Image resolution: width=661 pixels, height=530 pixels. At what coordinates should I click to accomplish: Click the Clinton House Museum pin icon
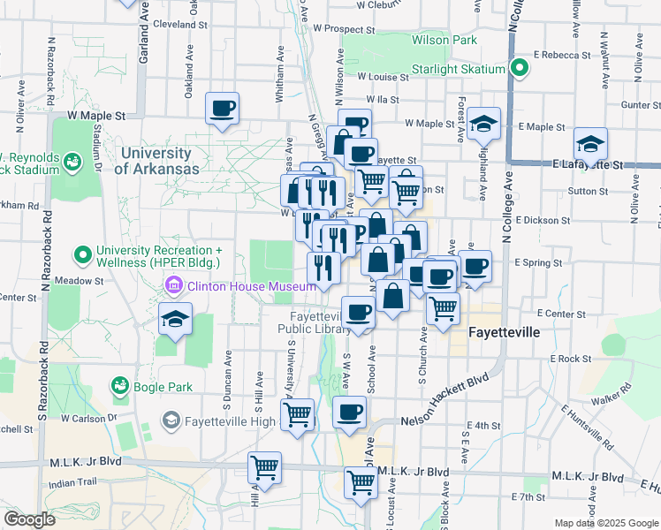[173, 285]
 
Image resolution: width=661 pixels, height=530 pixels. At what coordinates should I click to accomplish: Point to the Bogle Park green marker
[119, 386]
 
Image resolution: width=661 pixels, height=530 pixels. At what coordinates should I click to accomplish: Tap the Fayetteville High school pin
[171, 419]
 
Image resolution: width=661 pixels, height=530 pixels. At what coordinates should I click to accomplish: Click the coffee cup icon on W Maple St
[222, 110]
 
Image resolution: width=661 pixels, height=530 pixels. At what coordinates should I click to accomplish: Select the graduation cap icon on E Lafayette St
[590, 144]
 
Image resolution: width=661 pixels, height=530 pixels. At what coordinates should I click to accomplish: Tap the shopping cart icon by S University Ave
[300, 412]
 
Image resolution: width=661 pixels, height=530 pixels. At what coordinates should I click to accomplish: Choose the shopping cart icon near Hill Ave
[264, 466]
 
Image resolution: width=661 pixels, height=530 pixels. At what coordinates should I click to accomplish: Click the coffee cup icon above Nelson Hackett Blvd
[350, 412]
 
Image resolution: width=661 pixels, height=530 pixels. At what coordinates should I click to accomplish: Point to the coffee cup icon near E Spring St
[475, 266]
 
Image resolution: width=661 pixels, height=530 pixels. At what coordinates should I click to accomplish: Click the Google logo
[29, 519]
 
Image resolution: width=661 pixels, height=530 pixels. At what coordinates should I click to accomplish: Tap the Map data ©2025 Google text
[607, 523]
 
